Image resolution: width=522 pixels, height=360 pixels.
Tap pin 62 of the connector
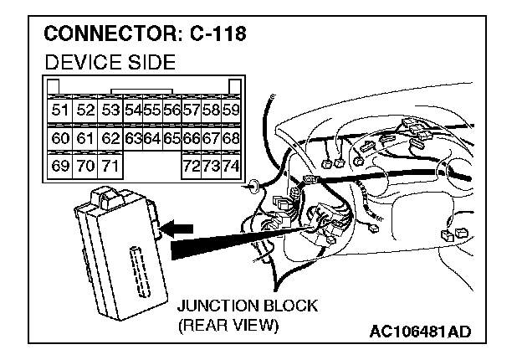(110, 138)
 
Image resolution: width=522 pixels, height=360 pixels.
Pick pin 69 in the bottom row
(59, 167)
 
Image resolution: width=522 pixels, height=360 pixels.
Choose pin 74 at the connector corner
(232, 167)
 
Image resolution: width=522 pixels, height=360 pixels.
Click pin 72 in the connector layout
(192, 167)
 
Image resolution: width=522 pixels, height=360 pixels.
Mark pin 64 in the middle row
(151, 138)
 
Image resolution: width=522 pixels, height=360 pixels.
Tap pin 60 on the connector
(59, 138)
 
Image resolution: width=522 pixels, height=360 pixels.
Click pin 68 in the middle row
(232, 138)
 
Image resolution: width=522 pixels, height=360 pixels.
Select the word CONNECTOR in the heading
(106, 35)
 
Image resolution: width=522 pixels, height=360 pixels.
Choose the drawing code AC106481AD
(420, 332)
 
